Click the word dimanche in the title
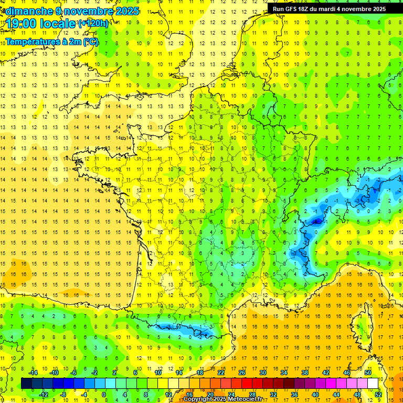tap(26, 11)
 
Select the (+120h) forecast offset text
tap(93, 23)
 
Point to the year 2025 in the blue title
tap(126, 11)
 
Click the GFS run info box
tap(329, 8)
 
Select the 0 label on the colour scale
tap(103, 395)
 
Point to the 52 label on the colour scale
tap(378, 395)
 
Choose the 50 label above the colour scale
tap(367, 373)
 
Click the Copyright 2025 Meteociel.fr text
tap(222, 399)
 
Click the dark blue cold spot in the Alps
tap(316, 221)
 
